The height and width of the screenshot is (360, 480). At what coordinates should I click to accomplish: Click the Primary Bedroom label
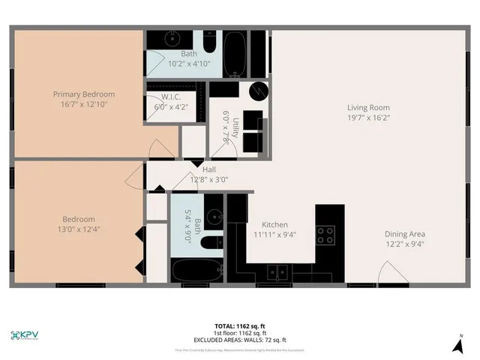click(83, 94)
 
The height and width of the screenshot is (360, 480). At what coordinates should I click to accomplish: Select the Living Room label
click(367, 106)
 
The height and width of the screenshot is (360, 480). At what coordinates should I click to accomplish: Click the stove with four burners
click(325, 235)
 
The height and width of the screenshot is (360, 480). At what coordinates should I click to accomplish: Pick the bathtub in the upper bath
click(235, 51)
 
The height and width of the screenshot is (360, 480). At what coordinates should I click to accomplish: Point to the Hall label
click(209, 169)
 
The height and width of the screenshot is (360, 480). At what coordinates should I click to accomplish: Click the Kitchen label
click(274, 225)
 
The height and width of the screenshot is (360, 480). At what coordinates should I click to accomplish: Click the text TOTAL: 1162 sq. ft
click(240, 325)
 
